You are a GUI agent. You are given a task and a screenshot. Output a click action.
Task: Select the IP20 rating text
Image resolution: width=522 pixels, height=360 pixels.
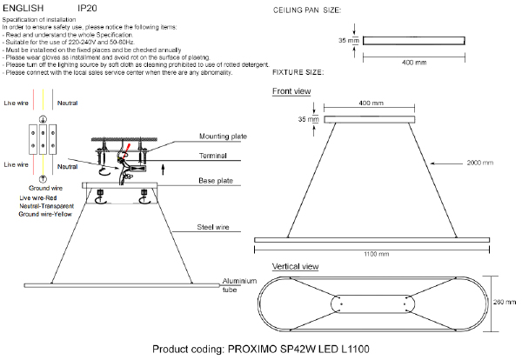tap(88, 7)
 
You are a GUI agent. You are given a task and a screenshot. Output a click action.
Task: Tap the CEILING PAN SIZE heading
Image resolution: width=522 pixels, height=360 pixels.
tap(308, 10)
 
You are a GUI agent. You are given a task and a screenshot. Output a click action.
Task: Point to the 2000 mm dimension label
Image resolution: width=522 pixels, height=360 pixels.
tap(479, 163)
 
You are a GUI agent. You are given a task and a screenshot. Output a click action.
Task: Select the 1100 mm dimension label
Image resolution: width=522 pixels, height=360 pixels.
tap(375, 253)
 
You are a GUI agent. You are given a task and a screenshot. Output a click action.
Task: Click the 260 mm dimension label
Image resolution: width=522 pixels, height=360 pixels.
tap(505, 302)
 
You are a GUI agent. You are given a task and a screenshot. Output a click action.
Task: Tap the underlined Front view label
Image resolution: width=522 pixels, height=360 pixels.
tap(291, 91)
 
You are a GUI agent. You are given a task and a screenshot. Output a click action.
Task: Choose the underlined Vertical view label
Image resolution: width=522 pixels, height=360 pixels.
tap(295, 266)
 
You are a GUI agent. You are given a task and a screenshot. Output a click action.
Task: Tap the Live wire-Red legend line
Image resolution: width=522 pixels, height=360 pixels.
tap(37, 198)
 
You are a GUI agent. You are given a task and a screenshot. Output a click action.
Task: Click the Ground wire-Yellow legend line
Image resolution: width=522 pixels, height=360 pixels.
tap(46, 214)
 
